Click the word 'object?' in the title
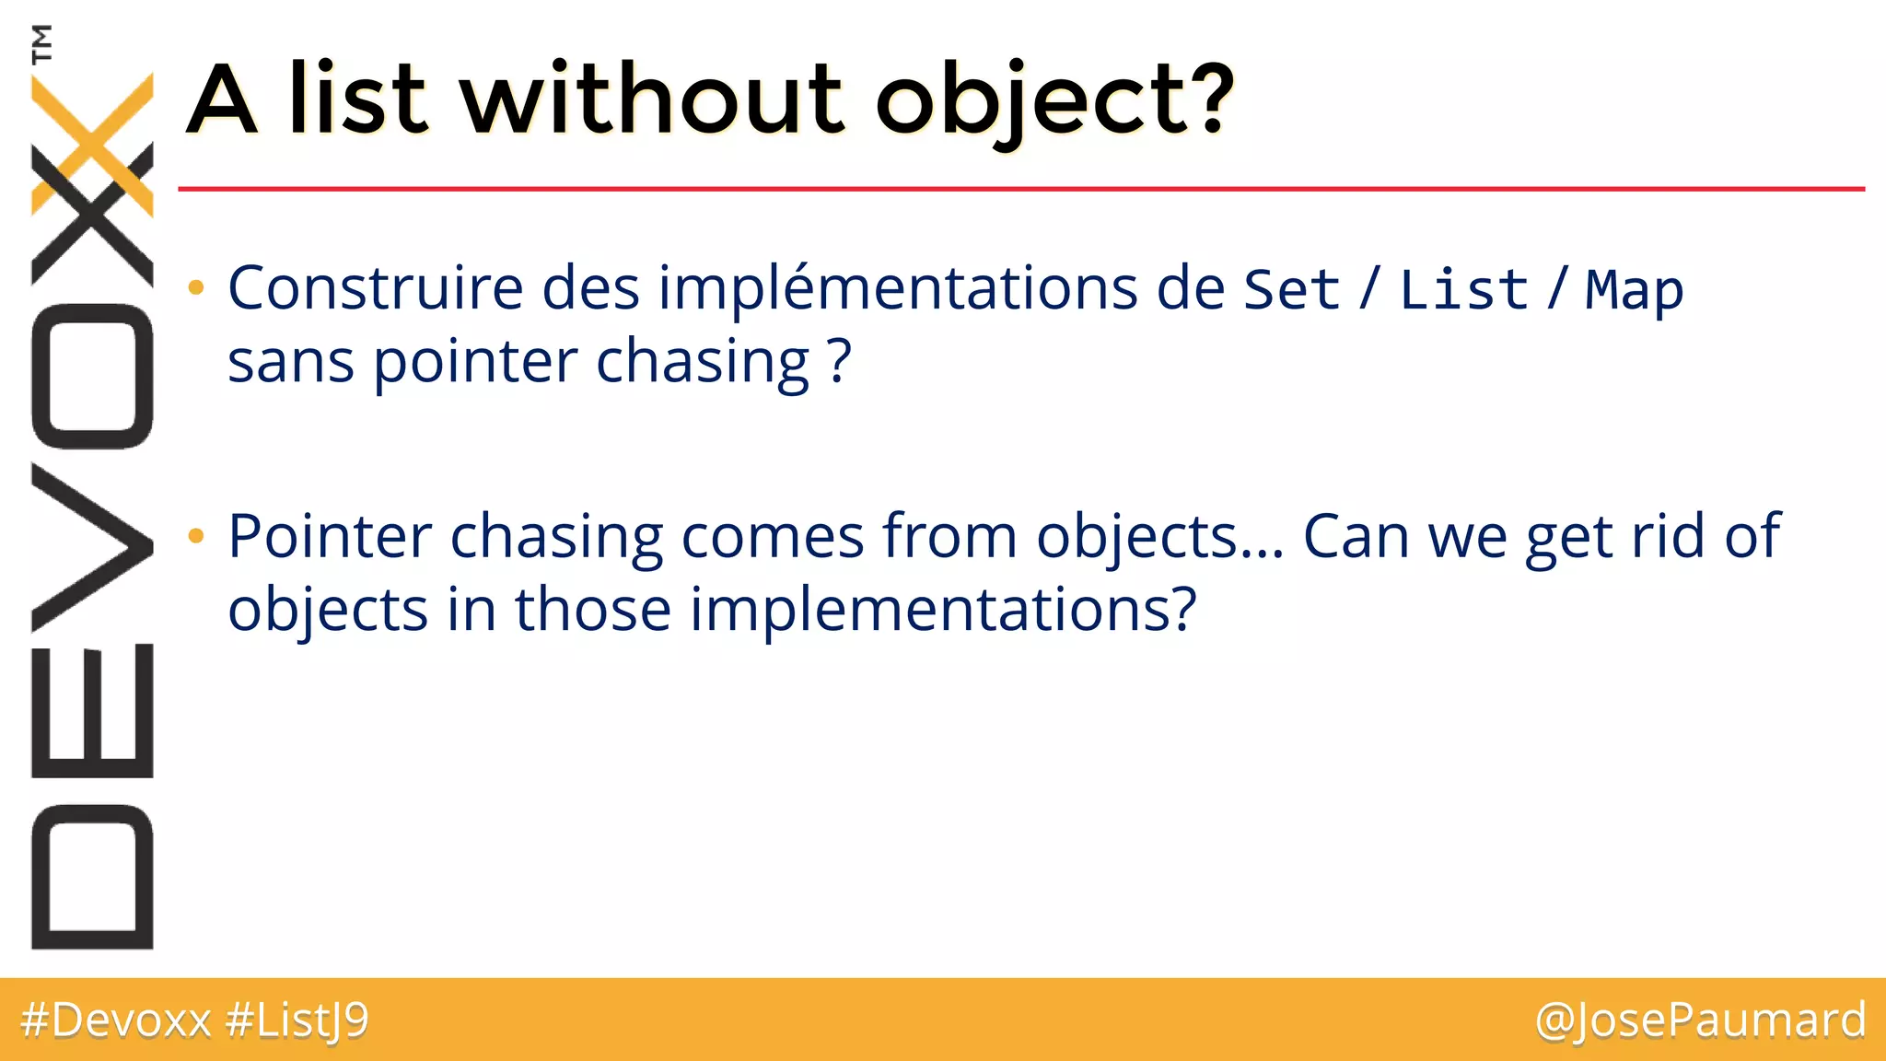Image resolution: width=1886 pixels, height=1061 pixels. (1054, 99)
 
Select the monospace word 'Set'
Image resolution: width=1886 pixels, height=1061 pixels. (1291, 290)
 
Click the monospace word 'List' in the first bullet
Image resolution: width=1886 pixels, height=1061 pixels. (1464, 290)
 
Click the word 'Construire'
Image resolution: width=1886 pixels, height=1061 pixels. (376, 288)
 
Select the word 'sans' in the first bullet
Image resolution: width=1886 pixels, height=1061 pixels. (290, 363)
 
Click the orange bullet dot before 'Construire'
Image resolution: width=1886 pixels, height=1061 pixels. (195, 288)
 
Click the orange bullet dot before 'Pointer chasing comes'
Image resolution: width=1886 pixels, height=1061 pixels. (195, 536)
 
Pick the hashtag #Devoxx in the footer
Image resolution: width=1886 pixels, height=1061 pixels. (116, 1020)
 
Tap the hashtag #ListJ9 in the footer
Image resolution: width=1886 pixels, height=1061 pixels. (297, 1020)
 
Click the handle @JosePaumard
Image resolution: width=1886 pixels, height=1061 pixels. (1700, 1020)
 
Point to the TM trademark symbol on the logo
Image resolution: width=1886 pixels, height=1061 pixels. (41, 43)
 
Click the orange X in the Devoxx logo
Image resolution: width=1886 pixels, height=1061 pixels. (92, 143)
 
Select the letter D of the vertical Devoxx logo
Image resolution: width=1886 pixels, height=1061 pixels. (92, 877)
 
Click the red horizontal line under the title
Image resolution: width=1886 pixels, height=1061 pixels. (1013, 189)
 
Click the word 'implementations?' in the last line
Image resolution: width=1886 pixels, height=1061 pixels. (943, 611)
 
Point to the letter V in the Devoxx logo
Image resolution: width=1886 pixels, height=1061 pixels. (92, 547)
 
